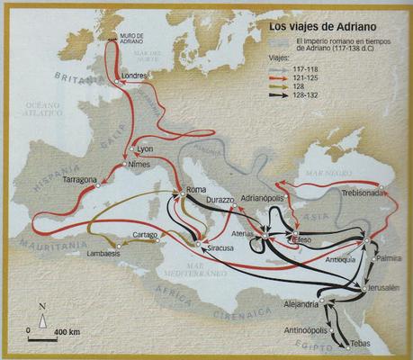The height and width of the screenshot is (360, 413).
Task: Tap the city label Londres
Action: [x=133, y=76]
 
